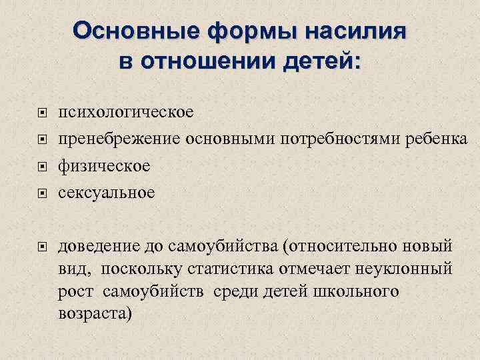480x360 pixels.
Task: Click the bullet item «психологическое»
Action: (x=126, y=111)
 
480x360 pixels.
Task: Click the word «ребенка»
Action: (x=427, y=139)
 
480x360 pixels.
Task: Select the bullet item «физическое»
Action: (x=104, y=165)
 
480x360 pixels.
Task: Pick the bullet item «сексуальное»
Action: (x=107, y=193)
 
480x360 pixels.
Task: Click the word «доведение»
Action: (x=97, y=247)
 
